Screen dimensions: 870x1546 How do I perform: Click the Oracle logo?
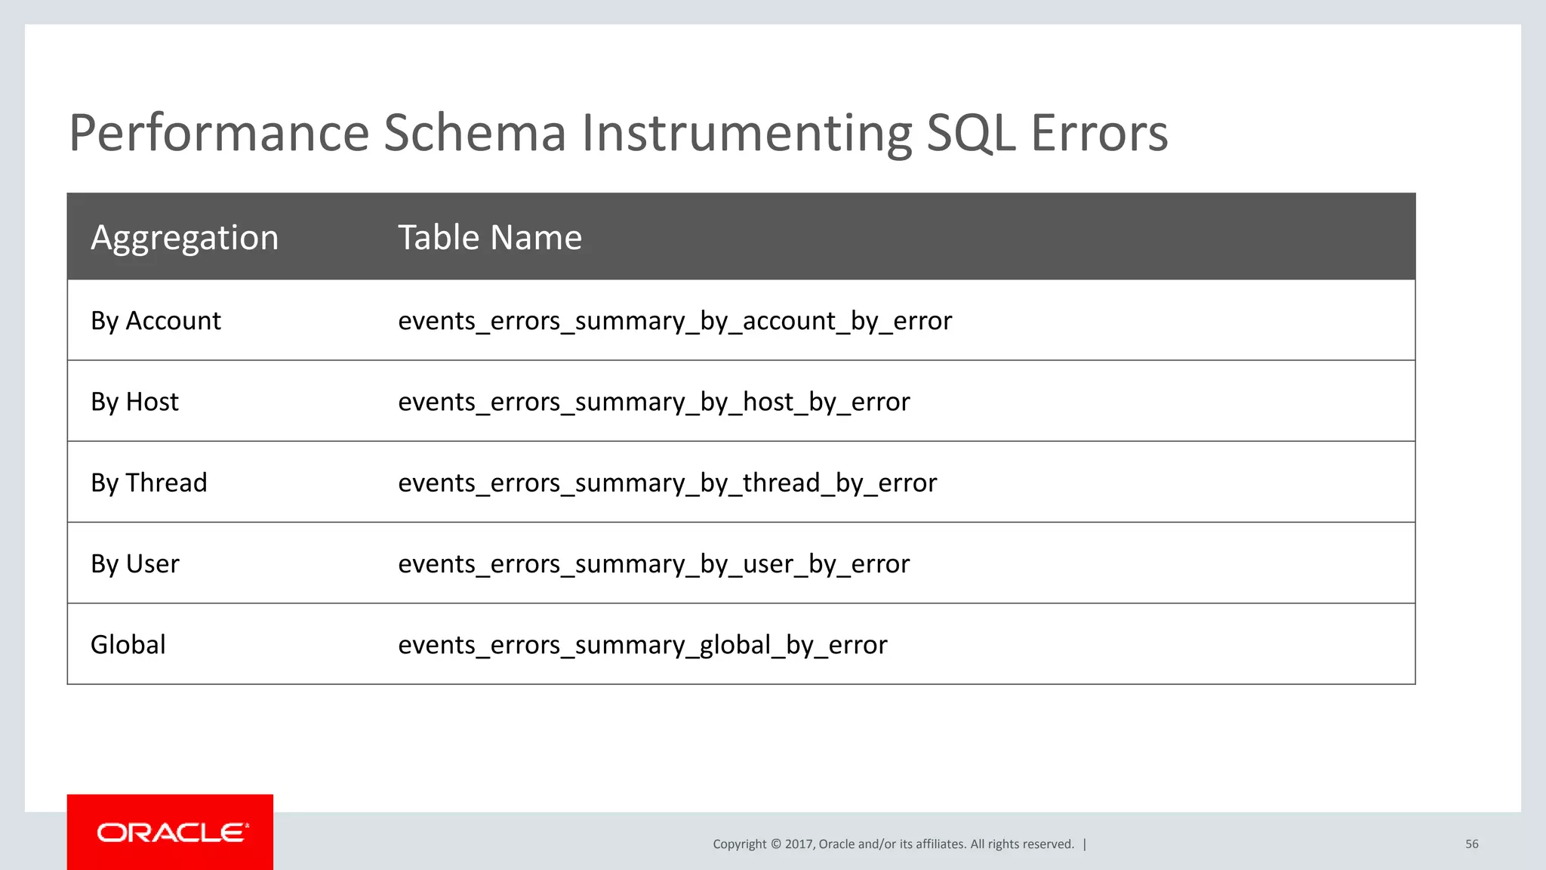click(x=171, y=832)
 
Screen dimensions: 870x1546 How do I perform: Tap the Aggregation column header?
click(x=185, y=238)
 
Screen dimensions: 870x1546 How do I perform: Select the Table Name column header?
click(x=490, y=238)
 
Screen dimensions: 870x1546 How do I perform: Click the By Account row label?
click(x=156, y=321)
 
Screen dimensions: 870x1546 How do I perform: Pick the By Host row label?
click(x=134, y=402)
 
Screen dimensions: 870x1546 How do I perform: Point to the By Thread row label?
click(x=149, y=483)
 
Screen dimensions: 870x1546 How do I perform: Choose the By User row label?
click(x=135, y=564)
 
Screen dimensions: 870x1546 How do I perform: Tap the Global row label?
click(x=128, y=645)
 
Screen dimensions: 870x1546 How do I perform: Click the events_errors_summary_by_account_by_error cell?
click(x=675, y=321)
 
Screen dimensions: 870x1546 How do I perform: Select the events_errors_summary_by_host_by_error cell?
click(x=654, y=402)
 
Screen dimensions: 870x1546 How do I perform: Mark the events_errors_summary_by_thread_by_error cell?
click(x=667, y=483)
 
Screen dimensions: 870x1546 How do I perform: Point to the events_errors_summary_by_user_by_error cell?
click(x=654, y=564)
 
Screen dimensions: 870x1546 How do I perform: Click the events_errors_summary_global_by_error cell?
click(x=642, y=645)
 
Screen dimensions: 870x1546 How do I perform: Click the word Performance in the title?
click(x=219, y=133)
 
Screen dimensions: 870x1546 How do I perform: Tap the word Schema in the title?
click(x=475, y=133)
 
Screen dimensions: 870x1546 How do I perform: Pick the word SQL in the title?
click(x=971, y=133)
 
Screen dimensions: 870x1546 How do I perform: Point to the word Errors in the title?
click(x=1099, y=133)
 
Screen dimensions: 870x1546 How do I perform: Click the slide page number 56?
click(x=1471, y=844)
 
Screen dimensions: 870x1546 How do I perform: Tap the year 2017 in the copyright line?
click(x=798, y=844)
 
